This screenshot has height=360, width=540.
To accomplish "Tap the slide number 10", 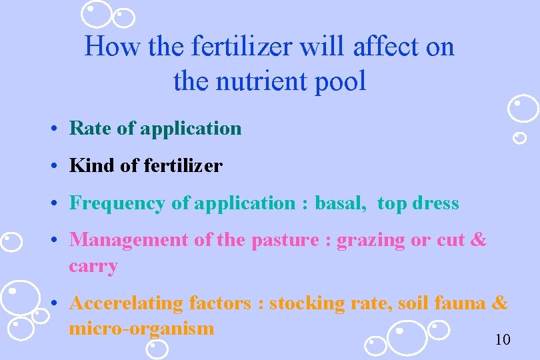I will (503, 340).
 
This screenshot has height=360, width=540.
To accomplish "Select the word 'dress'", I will (438, 203).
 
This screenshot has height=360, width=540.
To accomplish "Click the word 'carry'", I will (93, 266).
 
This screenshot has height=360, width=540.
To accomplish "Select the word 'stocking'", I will (306, 303).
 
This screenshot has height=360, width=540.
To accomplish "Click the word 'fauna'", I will (459, 303).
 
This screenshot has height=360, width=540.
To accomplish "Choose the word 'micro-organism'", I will (141, 329).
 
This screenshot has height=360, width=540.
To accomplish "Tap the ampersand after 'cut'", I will (479, 240).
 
